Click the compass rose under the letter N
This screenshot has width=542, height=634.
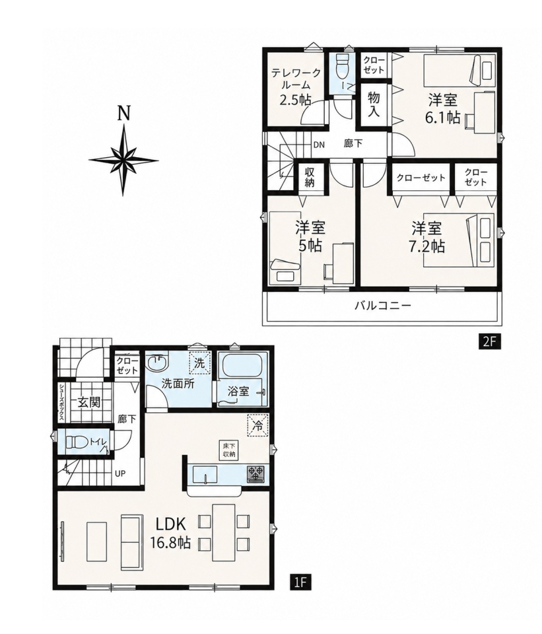pyautogui.click(x=123, y=160)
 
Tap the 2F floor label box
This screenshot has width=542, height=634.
pyautogui.click(x=487, y=341)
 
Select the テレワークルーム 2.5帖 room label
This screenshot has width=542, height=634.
pyautogui.click(x=296, y=86)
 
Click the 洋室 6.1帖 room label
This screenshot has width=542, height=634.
pyautogui.click(x=442, y=108)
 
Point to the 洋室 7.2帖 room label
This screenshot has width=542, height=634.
pyautogui.click(x=426, y=237)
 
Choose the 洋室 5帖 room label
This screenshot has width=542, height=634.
pyautogui.click(x=310, y=236)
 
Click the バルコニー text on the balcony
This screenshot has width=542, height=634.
pyautogui.click(x=382, y=305)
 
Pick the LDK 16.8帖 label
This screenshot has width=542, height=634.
pyautogui.click(x=170, y=533)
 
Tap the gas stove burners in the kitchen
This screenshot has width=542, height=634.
pyautogui.click(x=255, y=474)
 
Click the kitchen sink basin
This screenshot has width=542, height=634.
pyautogui.click(x=205, y=474)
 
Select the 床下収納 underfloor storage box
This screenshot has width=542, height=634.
pyautogui.click(x=229, y=450)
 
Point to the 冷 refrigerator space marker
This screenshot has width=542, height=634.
pyautogui.click(x=257, y=426)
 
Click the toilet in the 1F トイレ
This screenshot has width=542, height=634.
pyautogui.click(x=75, y=442)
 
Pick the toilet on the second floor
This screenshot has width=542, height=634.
pyautogui.click(x=343, y=67)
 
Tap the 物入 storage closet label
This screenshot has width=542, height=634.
pyautogui.click(x=374, y=105)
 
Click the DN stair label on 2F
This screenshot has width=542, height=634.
pyautogui.click(x=319, y=145)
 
